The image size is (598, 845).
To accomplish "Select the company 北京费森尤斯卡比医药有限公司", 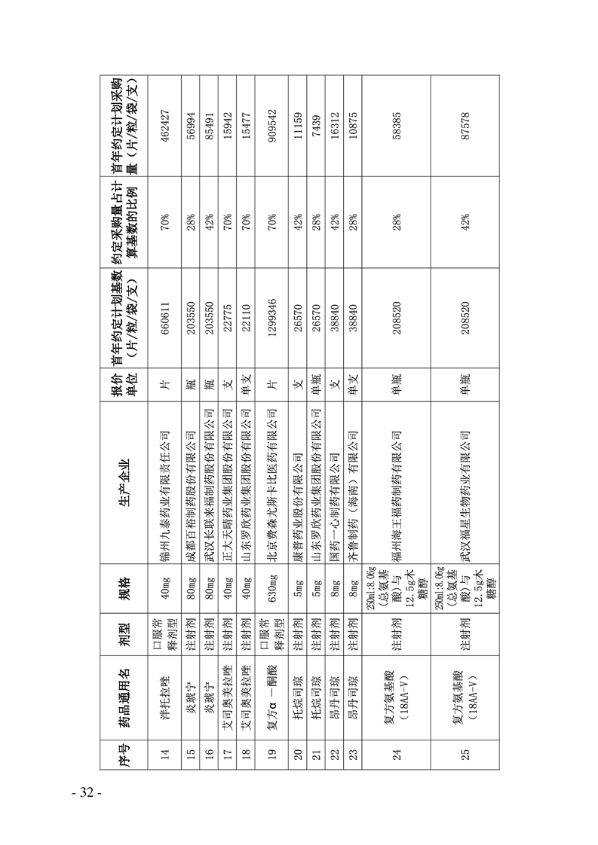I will [274, 460].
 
